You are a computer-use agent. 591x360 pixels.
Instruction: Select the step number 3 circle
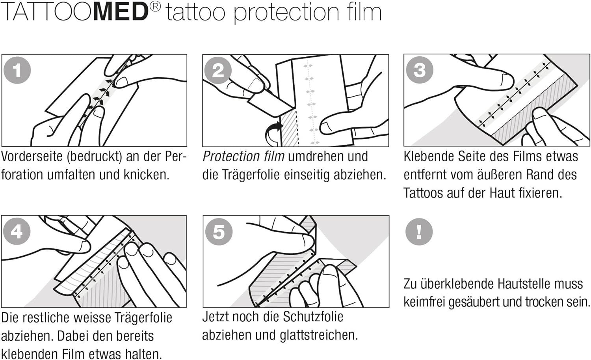click(419, 70)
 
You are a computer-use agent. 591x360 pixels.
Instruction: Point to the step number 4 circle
click(17, 231)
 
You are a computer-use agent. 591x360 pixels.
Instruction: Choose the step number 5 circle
click(219, 232)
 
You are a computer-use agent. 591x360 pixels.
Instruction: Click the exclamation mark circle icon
click(419, 231)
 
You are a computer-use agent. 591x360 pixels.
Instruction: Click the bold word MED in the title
click(121, 12)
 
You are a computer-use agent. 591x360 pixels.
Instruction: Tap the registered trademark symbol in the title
click(155, 7)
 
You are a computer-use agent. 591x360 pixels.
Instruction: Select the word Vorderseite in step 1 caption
click(32, 157)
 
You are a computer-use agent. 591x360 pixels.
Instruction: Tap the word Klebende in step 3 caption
click(429, 157)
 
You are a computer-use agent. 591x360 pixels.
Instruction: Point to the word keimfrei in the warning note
click(424, 302)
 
